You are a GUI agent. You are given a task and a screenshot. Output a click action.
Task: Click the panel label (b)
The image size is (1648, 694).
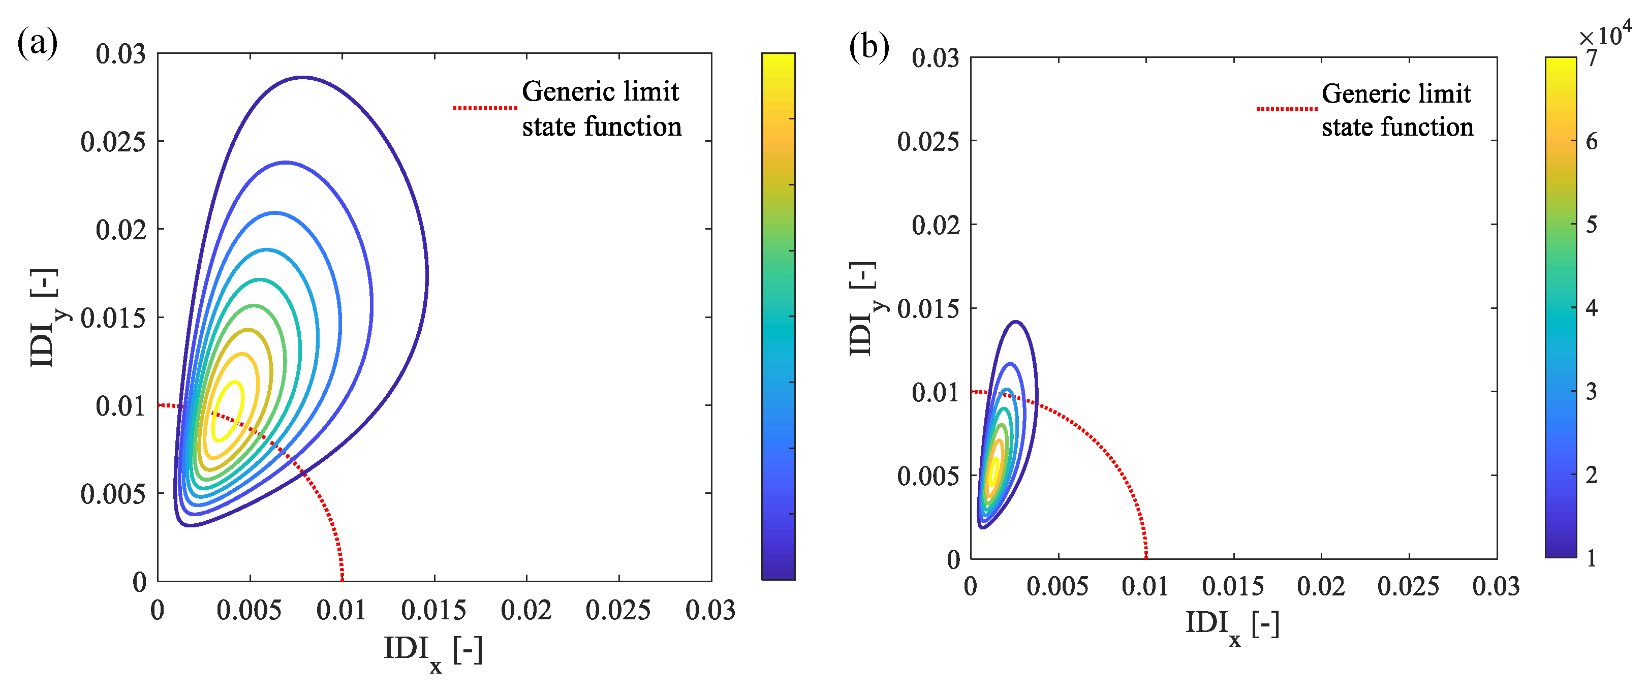pyautogui.click(x=868, y=47)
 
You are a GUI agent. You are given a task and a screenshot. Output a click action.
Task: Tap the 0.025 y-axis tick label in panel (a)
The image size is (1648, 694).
pyautogui.click(x=113, y=141)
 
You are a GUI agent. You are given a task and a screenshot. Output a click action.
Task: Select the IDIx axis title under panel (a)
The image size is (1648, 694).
pyautogui.click(x=432, y=652)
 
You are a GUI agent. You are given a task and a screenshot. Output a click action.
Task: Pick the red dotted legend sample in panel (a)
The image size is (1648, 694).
pyautogui.click(x=485, y=108)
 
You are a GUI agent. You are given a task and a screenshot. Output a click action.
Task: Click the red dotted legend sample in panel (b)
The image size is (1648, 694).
pyautogui.click(x=1286, y=109)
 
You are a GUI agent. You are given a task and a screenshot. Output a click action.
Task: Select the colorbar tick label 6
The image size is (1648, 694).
pyautogui.click(x=1592, y=141)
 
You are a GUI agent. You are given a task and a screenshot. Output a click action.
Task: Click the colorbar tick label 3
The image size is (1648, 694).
pyautogui.click(x=1592, y=391)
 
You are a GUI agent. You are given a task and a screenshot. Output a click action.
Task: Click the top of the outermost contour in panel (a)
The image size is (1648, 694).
pyautogui.click(x=302, y=77)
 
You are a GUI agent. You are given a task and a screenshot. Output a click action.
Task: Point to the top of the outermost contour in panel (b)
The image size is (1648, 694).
pyautogui.click(x=1015, y=322)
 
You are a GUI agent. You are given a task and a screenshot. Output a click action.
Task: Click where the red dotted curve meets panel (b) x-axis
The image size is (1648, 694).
pyautogui.click(x=1146, y=558)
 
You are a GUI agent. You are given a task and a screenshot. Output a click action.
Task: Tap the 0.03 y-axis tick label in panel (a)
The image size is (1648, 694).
pyautogui.click(x=120, y=54)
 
